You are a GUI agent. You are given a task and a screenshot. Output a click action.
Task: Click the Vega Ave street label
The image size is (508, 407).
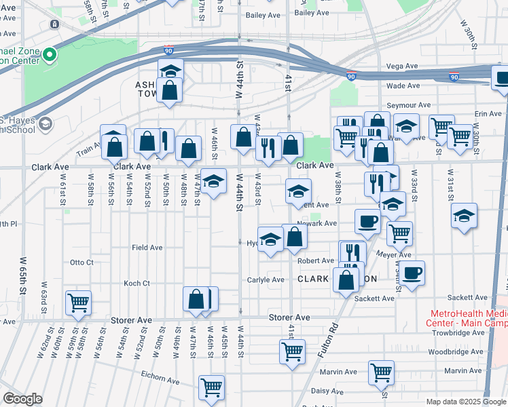coord(401,66)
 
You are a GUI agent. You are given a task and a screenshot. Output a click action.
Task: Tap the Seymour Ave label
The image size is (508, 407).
coord(409,105)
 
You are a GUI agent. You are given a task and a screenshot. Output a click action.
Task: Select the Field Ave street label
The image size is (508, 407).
coord(147,248)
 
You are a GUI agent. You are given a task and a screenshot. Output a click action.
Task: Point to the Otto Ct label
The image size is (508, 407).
coord(81,263)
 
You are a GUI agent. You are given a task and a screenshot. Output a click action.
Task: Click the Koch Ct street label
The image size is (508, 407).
coord(137,284)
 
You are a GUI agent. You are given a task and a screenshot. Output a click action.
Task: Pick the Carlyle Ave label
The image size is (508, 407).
coord(266,279)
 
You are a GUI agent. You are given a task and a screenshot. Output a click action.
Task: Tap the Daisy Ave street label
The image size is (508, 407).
coord(324,391)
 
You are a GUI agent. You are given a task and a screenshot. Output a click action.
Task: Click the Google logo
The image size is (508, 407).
coord(22,399)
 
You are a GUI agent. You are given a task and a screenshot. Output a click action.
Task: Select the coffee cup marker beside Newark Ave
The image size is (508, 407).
coord(368,221)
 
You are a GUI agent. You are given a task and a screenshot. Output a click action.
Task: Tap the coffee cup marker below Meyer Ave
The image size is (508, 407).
coord(412,273)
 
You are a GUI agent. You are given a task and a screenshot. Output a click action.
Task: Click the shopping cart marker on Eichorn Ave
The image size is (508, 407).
coord(212,387)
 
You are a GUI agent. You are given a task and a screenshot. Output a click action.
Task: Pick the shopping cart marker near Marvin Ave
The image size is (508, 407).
coord(382,372)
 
